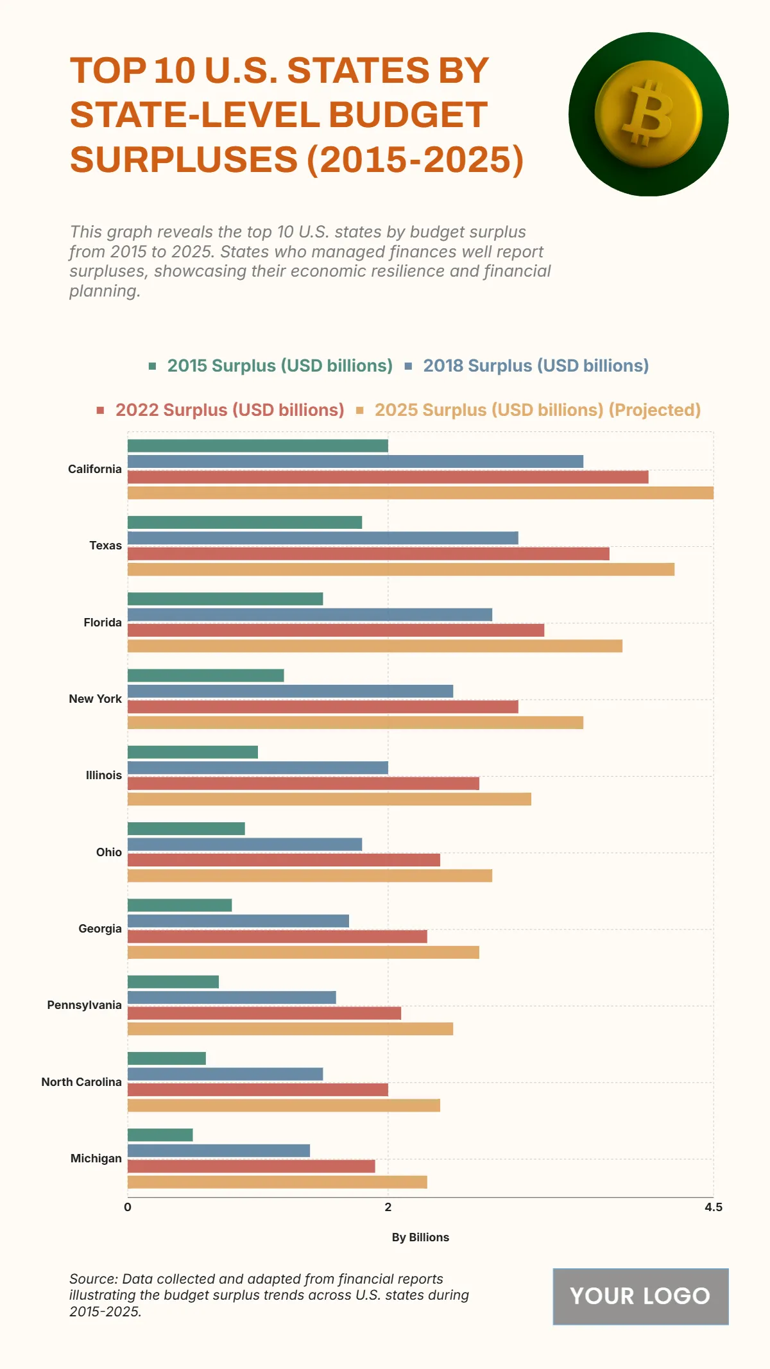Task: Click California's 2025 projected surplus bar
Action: tap(420, 493)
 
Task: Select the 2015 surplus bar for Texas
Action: tap(244, 522)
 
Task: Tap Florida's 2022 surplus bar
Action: tap(336, 630)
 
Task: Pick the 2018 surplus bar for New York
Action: tap(290, 691)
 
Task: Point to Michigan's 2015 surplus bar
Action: tap(160, 1135)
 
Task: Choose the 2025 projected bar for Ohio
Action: tap(310, 875)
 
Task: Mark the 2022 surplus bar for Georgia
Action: tap(277, 936)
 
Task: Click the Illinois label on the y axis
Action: tap(103, 775)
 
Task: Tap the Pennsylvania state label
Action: tap(84, 1005)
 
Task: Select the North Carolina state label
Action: tap(81, 1082)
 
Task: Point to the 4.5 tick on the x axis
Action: tap(713, 1207)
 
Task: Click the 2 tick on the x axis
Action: tap(388, 1207)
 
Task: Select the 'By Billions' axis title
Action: tap(420, 1237)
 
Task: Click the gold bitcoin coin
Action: tap(648, 114)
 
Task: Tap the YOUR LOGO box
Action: tap(640, 1296)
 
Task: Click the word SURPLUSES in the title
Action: tap(184, 159)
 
